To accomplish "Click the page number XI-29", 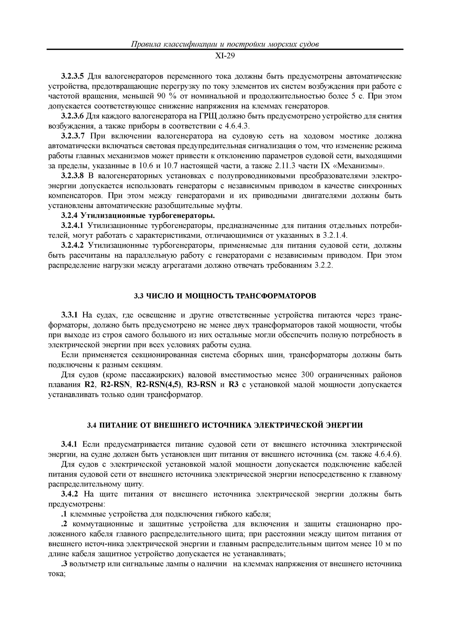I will click(x=225, y=56).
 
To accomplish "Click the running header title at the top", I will click(x=225, y=44).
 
